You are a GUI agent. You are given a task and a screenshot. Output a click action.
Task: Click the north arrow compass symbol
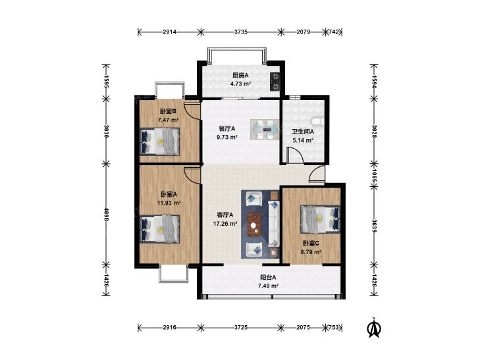(373, 328)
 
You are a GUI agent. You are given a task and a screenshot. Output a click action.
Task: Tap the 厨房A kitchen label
(240, 75)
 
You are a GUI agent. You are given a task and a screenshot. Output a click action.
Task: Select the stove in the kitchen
(275, 82)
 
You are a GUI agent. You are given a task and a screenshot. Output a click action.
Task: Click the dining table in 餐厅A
(265, 130)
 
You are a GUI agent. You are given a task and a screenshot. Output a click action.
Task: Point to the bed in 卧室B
(159, 141)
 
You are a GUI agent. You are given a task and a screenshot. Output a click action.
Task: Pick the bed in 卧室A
(159, 229)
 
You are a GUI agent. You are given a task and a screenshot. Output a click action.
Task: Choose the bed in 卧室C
(321, 219)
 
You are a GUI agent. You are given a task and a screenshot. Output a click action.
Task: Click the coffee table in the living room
(254, 225)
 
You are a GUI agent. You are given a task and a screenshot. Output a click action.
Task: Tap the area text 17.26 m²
(225, 224)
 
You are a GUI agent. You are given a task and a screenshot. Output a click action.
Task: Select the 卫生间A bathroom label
(303, 132)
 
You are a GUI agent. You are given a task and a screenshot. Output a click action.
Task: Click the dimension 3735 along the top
(240, 32)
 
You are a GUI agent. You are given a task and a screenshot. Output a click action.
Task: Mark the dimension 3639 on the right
(374, 226)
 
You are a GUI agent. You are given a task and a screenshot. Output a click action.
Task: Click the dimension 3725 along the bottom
(241, 328)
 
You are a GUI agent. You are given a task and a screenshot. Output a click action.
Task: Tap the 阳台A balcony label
(268, 278)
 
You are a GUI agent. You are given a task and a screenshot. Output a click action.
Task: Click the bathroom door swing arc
(295, 155)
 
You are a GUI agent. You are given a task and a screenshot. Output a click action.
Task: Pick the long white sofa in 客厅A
(274, 223)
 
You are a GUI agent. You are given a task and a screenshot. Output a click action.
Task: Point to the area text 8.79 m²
(311, 252)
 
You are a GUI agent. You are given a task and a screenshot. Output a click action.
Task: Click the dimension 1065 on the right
(374, 176)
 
